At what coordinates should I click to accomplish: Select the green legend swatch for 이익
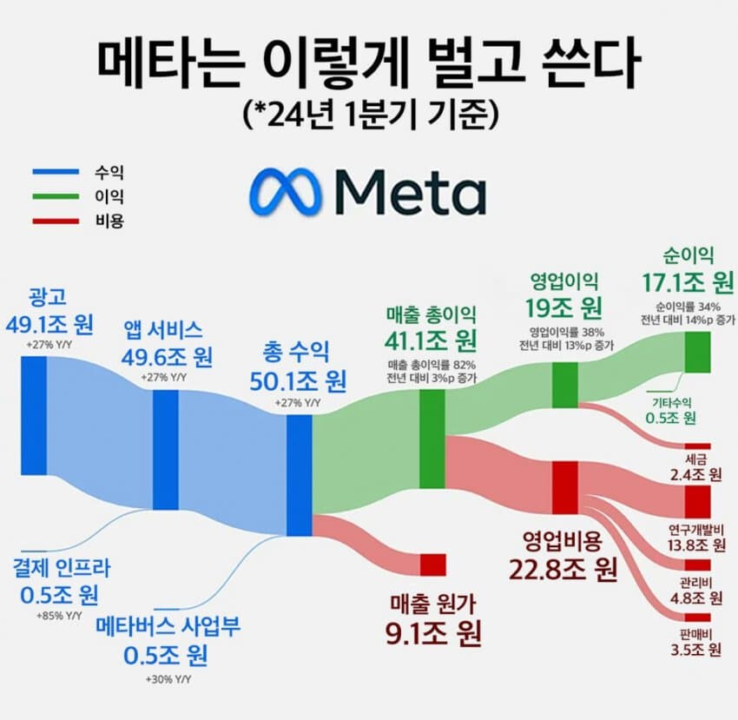pyautogui.click(x=56, y=198)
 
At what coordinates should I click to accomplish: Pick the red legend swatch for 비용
pyautogui.click(x=56, y=221)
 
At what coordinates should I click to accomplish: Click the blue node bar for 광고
pyautogui.click(x=34, y=415)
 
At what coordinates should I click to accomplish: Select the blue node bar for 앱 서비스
pyautogui.click(x=165, y=450)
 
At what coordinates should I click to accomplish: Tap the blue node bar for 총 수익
pyautogui.click(x=299, y=475)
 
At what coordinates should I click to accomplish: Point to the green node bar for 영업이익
pyautogui.click(x=564, y=385)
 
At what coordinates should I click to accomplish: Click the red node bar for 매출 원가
pyautogui.click(x=432, y=565)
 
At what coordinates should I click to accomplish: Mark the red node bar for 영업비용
pyautogui.click(x=565, y=487)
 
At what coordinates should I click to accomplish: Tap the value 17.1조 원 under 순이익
pyautogui.click(x=686, y=282)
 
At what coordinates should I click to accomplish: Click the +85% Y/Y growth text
pyautogui.click(x=60, y=615)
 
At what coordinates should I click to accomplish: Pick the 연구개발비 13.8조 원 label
pyautogui.click(x=696, y=538)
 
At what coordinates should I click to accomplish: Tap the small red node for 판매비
pyautogui.click(x=697, y=611)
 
